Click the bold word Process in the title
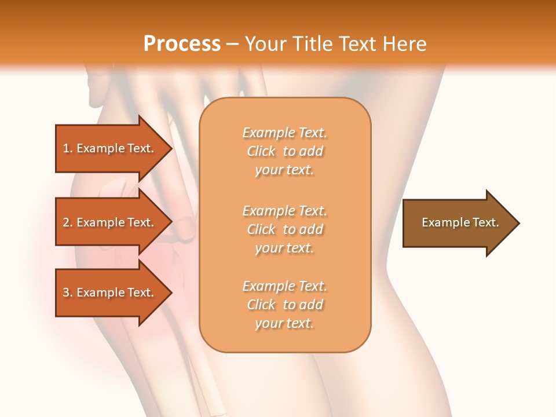(182, 44)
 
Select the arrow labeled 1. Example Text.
(110, 148)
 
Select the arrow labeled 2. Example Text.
(110, 222)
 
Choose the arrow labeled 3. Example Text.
(110, 292)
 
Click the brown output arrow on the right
(458, 222)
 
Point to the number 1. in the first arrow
(68, 148)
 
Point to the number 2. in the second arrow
(68, 222)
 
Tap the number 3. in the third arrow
(68, 292)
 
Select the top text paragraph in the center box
(284, 151)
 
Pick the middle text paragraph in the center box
(284, 229)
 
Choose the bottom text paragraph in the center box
(284, 305)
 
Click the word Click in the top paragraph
(261, 151)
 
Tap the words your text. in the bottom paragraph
(284, 324)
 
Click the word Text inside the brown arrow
(485, 222)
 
